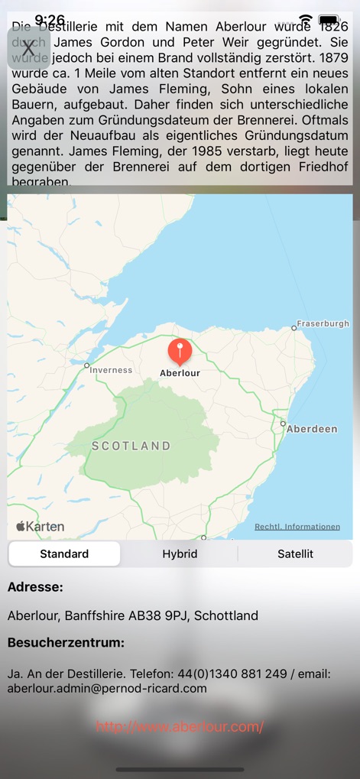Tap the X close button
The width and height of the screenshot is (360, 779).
pyautogui.click(x=28, y=48)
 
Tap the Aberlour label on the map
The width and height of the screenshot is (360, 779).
pyautogui.click(x=180, y=373)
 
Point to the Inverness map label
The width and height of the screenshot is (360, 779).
pyautogui.click(x=112, y=370)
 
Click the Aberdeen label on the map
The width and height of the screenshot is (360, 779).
pyautogui.click(x=312, y=429)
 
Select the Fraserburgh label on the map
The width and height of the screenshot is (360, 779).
pyautogui.click(x=323, y=323)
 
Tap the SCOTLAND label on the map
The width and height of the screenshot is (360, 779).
pyautogui.click(x=131, y=446)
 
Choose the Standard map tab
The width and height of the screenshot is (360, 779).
pyautogui.click(x=64, y=554)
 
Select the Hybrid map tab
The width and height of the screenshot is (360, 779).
pyautogui.click(x=180, y=554)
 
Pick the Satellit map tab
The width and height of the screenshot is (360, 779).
pyautogui.click(x=295, y=554)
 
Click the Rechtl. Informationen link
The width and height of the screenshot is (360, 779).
pyautogui.click(x=297, y=527)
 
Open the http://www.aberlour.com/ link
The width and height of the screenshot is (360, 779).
pyautogui.click(x=180, y=727)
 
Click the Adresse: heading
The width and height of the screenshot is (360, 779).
pyautogui.click(x=35, y=587)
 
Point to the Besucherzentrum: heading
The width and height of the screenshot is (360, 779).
pyautogui.click(x=66, y=643)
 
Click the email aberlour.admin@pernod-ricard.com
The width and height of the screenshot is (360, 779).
pyautogui.click(x=107, y=688)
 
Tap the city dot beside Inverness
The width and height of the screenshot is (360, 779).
pyautogui.click(x=87, y=365)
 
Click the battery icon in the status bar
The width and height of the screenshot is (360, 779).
pyautogui.click(x=329, y=20)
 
